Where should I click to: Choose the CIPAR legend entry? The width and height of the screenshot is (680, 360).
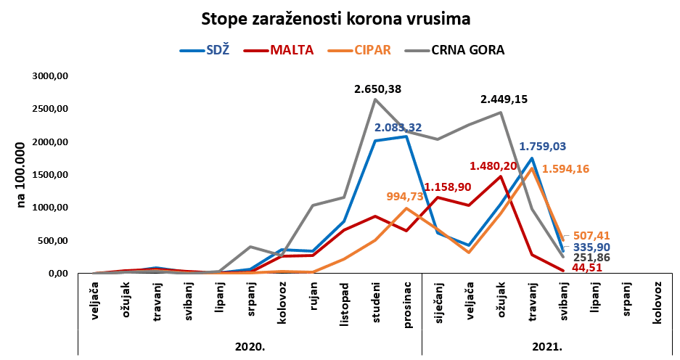(x=372, y=50)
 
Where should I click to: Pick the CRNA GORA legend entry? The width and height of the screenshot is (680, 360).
(x=467, y=50)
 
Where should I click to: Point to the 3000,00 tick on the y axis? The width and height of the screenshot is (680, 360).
(x=51, y=75)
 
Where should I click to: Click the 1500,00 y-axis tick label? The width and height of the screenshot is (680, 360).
(x=51, y=175)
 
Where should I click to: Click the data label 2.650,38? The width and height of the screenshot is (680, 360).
(x=377, y=89)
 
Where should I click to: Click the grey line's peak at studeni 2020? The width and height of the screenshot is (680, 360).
(x=375, y=99)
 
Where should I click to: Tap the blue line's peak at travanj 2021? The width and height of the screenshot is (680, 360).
(x=533, y=158)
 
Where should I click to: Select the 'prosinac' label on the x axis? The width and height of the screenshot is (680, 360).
(x=407, y=306)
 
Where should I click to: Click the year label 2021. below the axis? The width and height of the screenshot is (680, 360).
(x=549, y=347)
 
